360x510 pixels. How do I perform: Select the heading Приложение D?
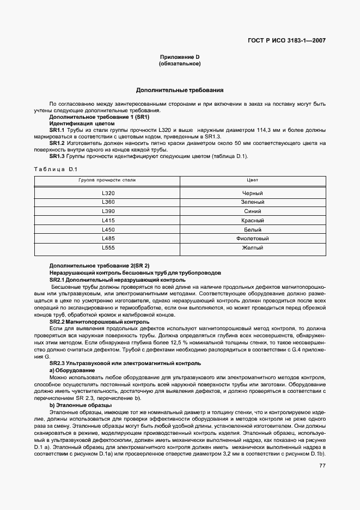[180, 57]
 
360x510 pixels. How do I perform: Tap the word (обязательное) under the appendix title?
[180, 64]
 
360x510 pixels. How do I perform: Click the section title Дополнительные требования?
[180, 90]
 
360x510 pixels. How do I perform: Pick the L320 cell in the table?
[108, 193]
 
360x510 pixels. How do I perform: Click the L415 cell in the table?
[108, 220]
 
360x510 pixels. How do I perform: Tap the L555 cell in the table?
[108, 248]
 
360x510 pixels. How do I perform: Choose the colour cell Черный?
[252, 193]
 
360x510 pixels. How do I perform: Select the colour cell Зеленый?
[252, 202]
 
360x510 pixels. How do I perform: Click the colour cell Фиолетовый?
[252, 239]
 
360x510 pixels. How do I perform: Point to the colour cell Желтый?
[252, 248]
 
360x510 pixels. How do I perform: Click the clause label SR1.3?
[57, 156]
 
